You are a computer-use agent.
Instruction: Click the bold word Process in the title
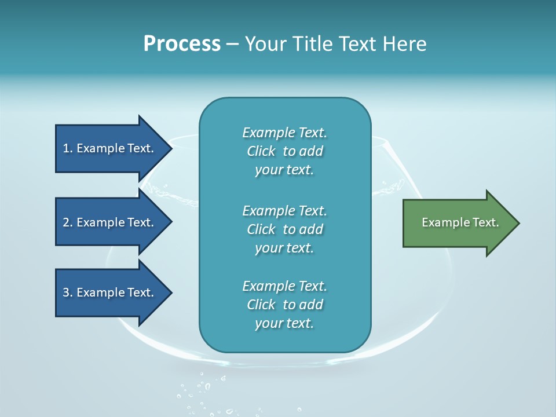(x=182, y=44)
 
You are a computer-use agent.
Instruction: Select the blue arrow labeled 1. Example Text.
(x=110, y=148)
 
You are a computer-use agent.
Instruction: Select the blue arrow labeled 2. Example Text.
(x=110, y=222)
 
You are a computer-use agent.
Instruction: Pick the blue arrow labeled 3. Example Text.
(x=110, y=292)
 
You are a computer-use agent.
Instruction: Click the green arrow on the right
(x=458, y=223)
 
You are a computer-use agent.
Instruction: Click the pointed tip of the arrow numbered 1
(x=170, y=148)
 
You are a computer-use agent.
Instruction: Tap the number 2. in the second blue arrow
(x=68, y=222)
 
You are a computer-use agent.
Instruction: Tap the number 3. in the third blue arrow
(x=68, y=292)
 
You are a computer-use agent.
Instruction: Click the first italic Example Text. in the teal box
(x=284, y=133)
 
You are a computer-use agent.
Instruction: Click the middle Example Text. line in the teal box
(x=284, y=210)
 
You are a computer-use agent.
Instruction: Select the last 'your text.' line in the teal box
(x=284, y=323)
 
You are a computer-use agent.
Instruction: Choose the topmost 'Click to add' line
(x=284, y=151)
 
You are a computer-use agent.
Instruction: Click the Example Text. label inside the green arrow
(x=460, y=222)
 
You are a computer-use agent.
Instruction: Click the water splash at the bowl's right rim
(x=391, y=188)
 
